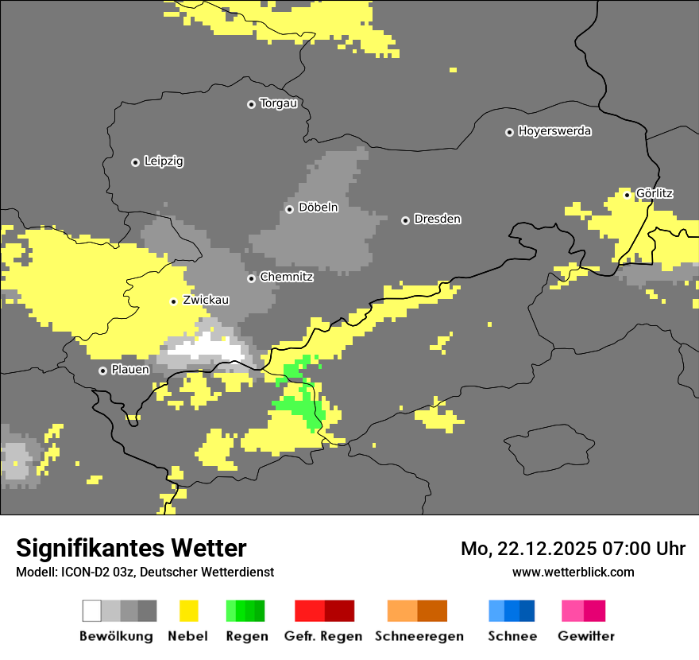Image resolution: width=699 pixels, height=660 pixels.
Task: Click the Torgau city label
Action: (x=278, y=103)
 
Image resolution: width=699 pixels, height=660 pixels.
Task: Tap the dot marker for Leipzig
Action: (x=135, y=162)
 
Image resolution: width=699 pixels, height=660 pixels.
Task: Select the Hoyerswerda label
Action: (x=554, y=131)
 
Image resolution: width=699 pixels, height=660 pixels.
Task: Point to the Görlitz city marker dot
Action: (x=627, y=194)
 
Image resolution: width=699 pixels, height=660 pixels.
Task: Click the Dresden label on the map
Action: (x=437, y=219)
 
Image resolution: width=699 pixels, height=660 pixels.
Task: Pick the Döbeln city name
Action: (x=318, y=208)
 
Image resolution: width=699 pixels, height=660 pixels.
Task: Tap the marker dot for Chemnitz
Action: (x=251, y=278)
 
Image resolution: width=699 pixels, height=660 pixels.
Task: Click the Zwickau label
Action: (x=206, y=300)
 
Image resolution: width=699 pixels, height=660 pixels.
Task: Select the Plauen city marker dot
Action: (x=102, y=371)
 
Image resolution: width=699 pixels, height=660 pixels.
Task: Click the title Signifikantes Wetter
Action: (x=131, y=549)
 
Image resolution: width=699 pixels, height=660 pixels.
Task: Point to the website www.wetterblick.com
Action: (x=573, y=572)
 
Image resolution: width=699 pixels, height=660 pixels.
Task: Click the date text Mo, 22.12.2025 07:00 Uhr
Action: (x=573, y=549)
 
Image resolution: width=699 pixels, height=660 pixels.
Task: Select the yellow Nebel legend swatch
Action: (x=188, y=611)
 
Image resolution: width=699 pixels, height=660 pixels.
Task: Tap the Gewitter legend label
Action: (x=585, y=636)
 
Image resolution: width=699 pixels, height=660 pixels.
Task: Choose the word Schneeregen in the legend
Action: (x=419, y=636)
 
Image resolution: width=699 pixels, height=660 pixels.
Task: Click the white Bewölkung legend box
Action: (x=92, y=611)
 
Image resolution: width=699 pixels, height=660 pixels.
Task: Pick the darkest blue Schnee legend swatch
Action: (x=527, y=611)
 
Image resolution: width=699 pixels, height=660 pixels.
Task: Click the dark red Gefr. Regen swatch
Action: (x=339, y=611)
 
